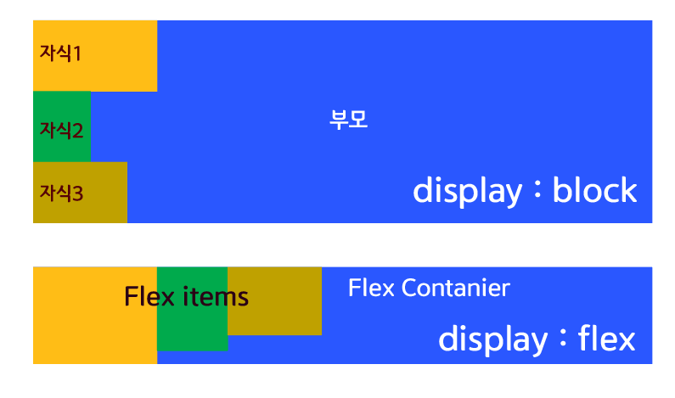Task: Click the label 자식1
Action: [60, 53]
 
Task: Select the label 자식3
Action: [61, 193]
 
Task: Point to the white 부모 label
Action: [348, 119]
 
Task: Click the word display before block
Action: [467, 191]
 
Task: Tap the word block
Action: [594, 190]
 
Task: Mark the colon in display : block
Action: [537, 191]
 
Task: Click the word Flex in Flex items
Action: [149, 297]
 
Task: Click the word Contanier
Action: [455, 289]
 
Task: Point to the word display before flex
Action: [492, 339]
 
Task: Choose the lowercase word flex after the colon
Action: [606, 339]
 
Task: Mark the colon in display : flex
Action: [562, 339]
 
